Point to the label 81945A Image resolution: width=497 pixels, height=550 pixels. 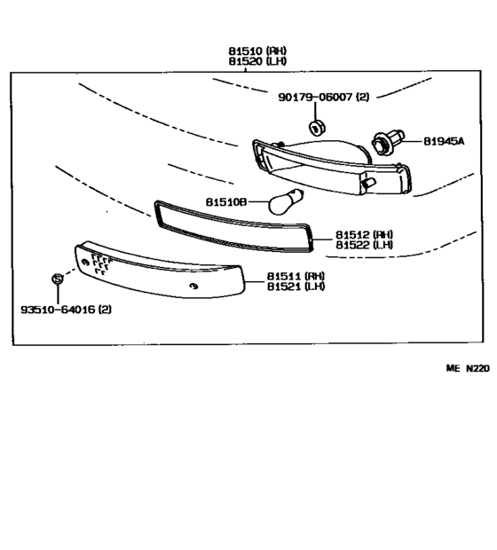click(x=443, y=140)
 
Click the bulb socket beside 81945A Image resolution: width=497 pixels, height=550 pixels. click(x=388, y=139)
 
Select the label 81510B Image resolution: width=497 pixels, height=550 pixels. click(x=225, y=202)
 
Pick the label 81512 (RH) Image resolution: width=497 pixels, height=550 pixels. click(x=364, y=235)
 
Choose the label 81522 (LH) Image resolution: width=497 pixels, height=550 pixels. click(x=364, y=245)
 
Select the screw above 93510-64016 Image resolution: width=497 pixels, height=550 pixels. click(x=58, y=279)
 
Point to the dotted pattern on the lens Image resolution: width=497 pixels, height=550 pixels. click(x=99, y=263)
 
